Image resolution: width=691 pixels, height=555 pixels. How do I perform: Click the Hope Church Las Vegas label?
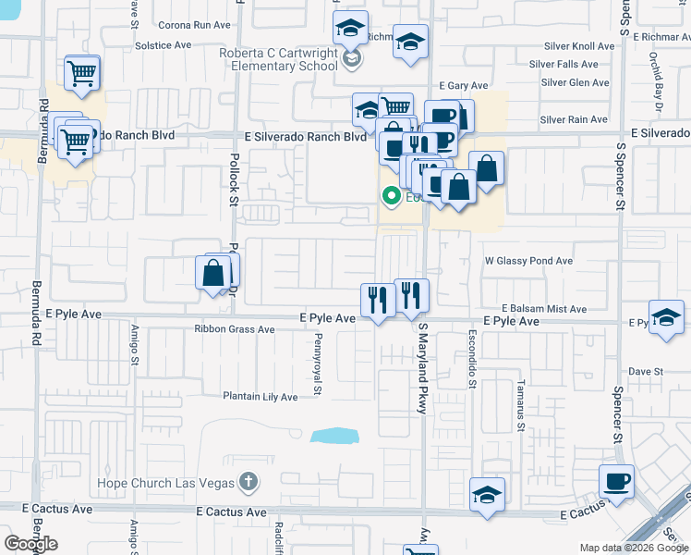[x=166, y=482]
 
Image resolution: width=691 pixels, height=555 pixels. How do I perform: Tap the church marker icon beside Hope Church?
[x=247, y=482]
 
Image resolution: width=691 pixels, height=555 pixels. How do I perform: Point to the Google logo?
[x=31, y=544]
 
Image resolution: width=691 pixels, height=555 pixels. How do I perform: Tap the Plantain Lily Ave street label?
[x=260, y=396]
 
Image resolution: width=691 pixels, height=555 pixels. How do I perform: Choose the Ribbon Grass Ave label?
[x=235, y=328]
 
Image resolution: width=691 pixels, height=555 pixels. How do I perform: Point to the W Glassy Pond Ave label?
[x=528, y=261]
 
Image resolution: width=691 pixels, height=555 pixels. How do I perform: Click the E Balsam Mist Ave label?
[x=544, y=308]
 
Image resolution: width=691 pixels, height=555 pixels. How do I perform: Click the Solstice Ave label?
[x=163, y=43]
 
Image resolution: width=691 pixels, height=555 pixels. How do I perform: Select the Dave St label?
[x=646, y=371]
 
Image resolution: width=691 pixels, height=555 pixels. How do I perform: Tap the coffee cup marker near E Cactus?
[x=616, y=482]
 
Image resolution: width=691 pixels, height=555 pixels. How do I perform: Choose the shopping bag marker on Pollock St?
[x=213, y=274]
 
